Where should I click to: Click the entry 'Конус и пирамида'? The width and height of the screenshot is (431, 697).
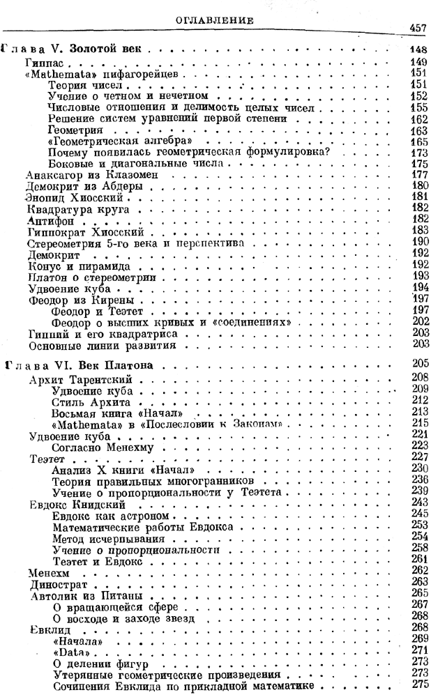point(67,266)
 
